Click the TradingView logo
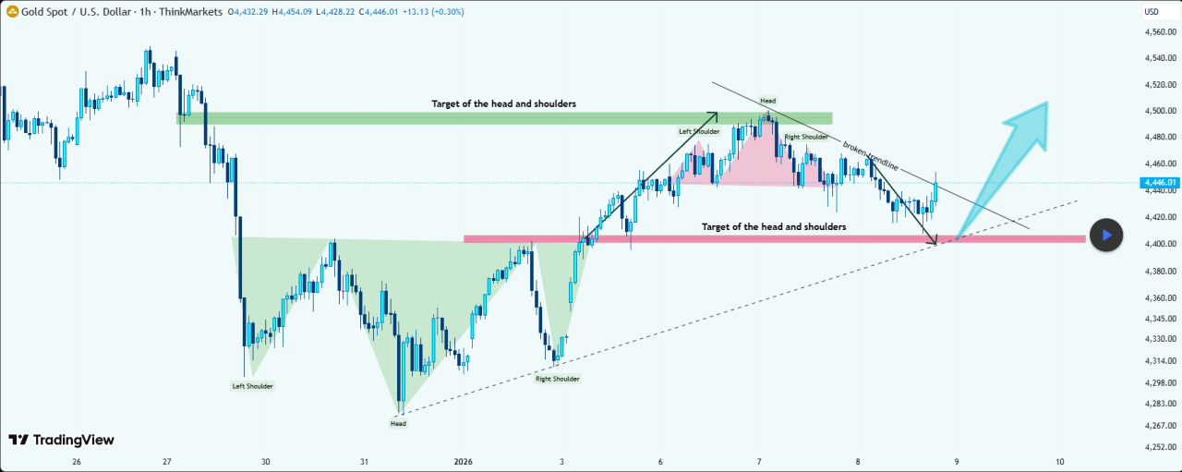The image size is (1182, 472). pos(61,441)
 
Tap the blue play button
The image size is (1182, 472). pos(1105,235)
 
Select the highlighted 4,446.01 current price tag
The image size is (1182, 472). pos(1160,183)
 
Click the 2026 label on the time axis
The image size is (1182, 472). pos(464,462)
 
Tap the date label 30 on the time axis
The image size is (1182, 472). pos(266,462)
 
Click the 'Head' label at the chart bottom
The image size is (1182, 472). pos(398,424)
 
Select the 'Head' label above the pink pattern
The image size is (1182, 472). pos(767,100)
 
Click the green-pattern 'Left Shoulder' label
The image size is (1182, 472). pos(252,386)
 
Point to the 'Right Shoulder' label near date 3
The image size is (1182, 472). pos(558,379)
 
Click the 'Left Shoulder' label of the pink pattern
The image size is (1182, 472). pos(699,132)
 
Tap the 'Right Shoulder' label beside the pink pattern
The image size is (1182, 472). pos(806,137)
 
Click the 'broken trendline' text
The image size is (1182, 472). pos(870,156)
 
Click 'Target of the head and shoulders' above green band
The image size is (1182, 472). pos(504,104)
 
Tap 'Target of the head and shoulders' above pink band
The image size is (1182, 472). pos(774,226)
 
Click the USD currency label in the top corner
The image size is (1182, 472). pos(1152,12)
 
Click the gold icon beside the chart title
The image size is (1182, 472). pos(13,12)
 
